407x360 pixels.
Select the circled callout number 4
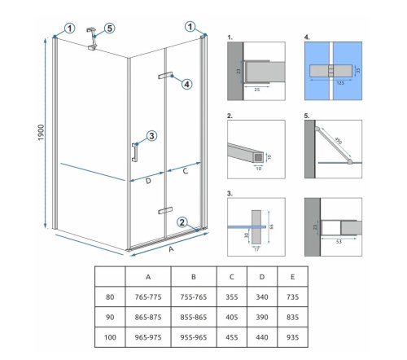coord(186,84)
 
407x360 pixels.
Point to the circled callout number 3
coord(151,135)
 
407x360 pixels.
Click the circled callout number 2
coord(184,220)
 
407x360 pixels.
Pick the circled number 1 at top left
coord(70,27)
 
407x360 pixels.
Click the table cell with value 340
coord(263,300)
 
